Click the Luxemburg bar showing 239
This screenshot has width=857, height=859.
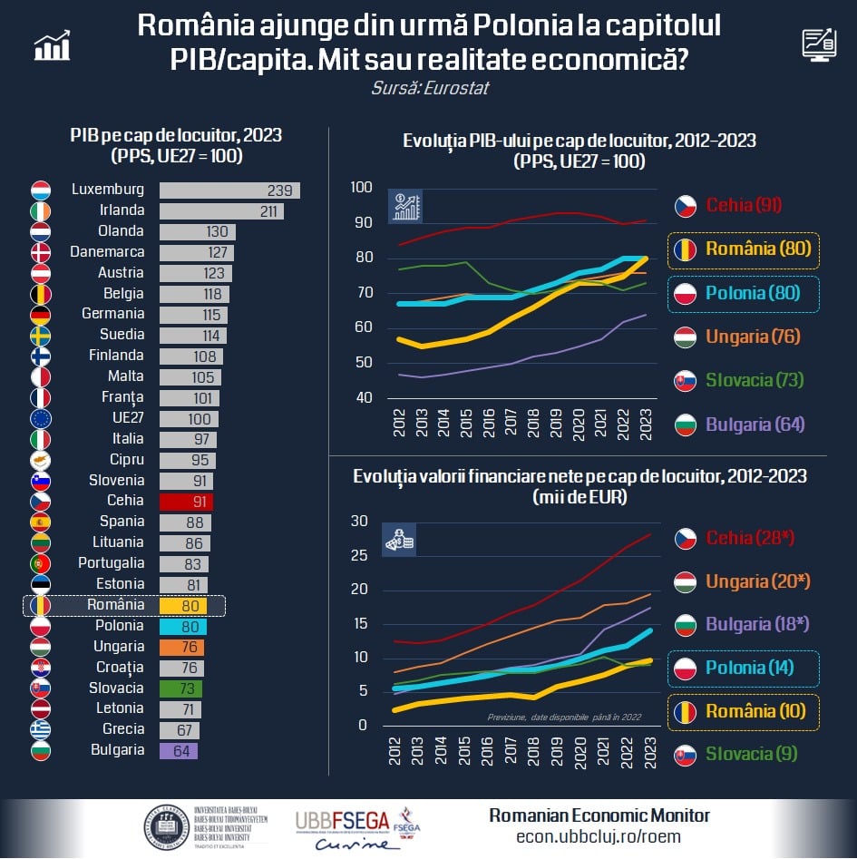[229, 190]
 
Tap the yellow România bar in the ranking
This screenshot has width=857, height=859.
[183, 605]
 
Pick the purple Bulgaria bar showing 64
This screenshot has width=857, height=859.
[178, 751]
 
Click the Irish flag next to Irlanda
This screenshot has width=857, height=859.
[41, 211]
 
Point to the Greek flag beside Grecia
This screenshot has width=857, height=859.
[41, 730]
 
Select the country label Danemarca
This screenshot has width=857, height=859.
[107, 252]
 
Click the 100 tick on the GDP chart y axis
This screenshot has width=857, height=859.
[361, 188]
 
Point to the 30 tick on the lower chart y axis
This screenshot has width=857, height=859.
[361, 521]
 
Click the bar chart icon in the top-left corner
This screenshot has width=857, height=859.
[53, 45]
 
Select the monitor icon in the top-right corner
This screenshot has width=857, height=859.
[819, 44]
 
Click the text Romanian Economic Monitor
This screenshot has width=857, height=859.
[599, 815]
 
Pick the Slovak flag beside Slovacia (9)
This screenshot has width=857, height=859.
[685, 755]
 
